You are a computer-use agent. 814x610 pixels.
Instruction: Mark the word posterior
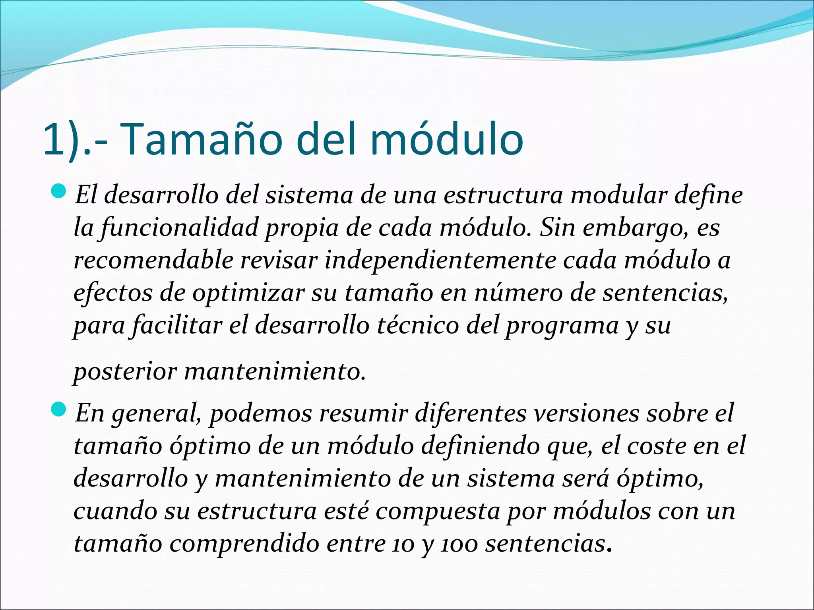pos(125,372)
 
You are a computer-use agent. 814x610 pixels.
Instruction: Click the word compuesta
pos(437,511)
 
